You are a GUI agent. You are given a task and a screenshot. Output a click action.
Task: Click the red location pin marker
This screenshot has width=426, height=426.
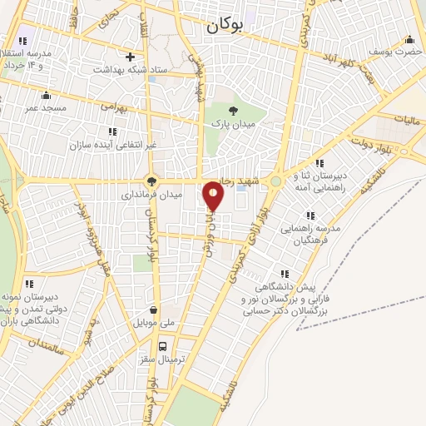tap(214, 196)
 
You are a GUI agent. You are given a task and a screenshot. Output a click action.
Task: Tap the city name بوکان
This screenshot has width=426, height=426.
tap(225, 27)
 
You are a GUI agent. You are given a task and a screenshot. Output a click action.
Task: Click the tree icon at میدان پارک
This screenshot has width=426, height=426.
tap(233, 109)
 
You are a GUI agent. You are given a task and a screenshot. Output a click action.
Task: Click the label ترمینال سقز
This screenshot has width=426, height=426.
tap(163, 359)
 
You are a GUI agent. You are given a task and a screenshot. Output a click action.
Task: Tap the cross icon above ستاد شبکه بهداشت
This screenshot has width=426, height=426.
tap(130, 57)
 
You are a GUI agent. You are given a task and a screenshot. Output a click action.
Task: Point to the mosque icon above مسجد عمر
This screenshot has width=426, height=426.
tap(46, 94)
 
